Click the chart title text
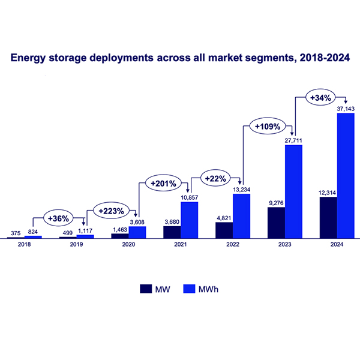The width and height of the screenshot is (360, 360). (x=180, y=59)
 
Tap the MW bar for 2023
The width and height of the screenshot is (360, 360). (x=277, y=223)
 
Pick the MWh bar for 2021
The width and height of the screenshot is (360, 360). (x=190, y=220)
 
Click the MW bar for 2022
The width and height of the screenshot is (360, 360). (x=224, y=230)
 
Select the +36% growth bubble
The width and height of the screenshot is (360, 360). (x=58, y=217)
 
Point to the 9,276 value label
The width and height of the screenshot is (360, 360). (x=277, y=203)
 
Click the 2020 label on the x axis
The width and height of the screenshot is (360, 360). (x=128, y=245)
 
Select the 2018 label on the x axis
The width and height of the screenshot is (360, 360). (x=25, y=245)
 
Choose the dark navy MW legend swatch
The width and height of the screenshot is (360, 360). (x=146, y=288)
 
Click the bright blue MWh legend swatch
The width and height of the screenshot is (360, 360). (x=190, y=288)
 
